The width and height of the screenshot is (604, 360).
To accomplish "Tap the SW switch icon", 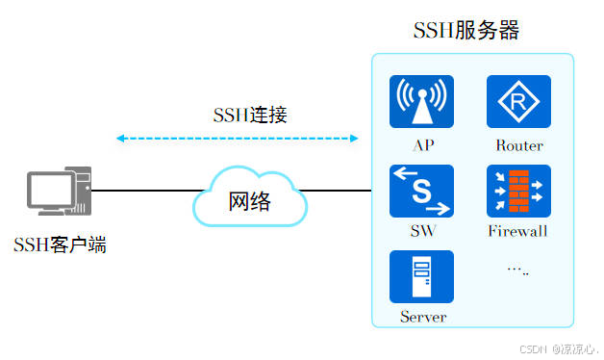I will coord(420,191).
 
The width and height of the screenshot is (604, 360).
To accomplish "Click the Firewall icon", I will coord(518,191).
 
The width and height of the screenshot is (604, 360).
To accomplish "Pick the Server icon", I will coord(420,277).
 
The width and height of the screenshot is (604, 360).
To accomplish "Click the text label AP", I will coord(421,145).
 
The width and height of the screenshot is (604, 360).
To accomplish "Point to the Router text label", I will coord(519,145).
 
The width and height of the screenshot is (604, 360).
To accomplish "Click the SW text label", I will coord(421,231).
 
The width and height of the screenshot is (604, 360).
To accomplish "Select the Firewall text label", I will coord(517,231).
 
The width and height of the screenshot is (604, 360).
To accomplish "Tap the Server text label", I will coord(423,317).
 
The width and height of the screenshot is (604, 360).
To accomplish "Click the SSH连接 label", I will coord(250,115).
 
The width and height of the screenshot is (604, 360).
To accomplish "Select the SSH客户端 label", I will coord(60,244).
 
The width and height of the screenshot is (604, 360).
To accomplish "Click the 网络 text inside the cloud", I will coord(249,201).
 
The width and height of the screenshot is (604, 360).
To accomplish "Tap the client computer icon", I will coord(59,193).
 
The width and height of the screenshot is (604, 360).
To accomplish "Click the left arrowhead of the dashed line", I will coord(120,139).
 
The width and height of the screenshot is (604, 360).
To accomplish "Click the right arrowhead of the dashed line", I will coord(353,139).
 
